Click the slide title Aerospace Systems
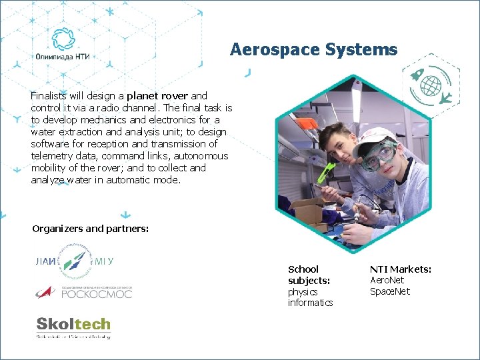[x=313, y=49]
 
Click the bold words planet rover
[x=157, y=96]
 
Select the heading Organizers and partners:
[x=91, y=229]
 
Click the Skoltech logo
[x=73, y=325]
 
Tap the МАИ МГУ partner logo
[x=73, y=261]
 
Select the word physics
[x=303, y=292]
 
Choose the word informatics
[x=310, y=303]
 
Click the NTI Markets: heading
[x=401, y=269]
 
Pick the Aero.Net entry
[x=387, y=281]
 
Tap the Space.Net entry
[x=390, y=291]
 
